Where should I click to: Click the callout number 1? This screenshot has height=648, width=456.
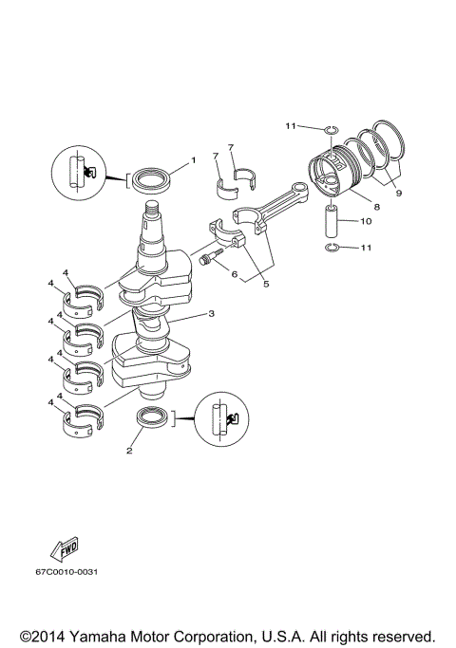click(x=193, y=160)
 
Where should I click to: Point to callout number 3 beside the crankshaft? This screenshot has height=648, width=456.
click(x=212, y=314)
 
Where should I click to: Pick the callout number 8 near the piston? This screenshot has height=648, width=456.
click(x=377, y=206)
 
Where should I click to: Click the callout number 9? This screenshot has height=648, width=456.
click(x=397, y=193)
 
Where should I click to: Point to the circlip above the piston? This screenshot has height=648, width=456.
click(x=329, y=129)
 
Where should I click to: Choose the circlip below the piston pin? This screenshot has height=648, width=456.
click(x=331, y=249)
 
